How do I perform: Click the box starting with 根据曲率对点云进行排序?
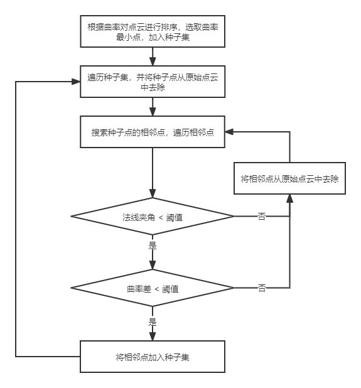153,31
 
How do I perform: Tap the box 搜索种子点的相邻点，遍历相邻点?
153,132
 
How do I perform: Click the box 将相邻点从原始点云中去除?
289,178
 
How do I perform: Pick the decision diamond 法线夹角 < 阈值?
153,217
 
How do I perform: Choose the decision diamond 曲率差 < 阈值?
153,289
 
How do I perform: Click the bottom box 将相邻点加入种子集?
153,357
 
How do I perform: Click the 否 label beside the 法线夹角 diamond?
262,217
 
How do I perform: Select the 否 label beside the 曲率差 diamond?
262,288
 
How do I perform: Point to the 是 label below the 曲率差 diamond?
153,321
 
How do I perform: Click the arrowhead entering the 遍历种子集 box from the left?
77,82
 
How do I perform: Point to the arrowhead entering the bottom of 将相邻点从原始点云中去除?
289,198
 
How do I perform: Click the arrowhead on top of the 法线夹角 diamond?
153,195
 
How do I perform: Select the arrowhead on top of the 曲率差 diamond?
153,266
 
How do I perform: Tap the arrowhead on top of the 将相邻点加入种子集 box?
153,337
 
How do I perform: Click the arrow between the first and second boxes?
153,57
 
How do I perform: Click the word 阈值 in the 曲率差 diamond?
170,289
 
